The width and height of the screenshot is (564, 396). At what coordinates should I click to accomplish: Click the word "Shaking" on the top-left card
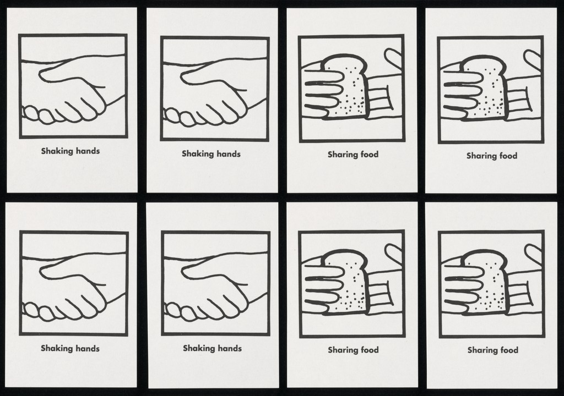coord(57,151)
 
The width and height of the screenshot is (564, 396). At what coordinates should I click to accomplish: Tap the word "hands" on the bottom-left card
coord(88,348)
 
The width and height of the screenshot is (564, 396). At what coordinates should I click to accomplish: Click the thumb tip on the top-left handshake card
coord(40,75)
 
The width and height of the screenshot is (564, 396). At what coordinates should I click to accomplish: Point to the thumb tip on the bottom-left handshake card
coord(41,271)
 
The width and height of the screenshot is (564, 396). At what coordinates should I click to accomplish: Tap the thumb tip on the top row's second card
coord(182,76)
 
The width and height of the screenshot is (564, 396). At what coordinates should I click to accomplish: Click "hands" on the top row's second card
coord(228,154)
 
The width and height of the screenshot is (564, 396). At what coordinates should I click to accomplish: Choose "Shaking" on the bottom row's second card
coord(199,348)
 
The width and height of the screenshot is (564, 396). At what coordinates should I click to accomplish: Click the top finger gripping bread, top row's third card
coord(324,76)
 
